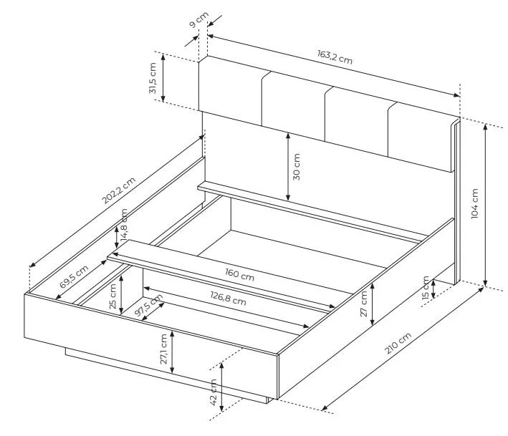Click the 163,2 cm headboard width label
tap(335, 57)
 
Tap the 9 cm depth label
tap(198, 20)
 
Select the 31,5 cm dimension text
tap(153, 78)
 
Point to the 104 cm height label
tap(474, 203)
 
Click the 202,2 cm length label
tap(118, 190)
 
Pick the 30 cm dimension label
tap(296, 167)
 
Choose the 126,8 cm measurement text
tap(228, 299)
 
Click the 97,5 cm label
tap(149, 306)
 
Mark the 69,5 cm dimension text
tap(74, 276)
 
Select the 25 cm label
tap(112, 296)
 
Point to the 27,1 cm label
tap(163, 349)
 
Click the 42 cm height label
tap(213, 392)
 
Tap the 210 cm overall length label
tap(398, 343)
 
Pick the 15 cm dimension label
tap(426, 287)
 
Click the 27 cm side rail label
tap(364, 304)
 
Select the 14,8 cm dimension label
tap(124, 226)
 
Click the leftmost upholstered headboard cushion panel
tap(230, 91)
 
